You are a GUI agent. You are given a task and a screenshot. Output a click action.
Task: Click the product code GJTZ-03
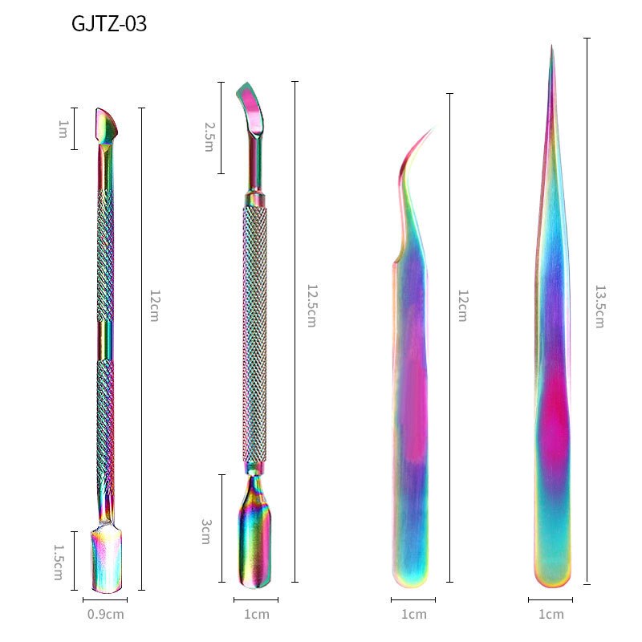[109, 23]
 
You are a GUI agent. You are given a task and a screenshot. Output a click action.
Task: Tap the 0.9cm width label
[106, 614]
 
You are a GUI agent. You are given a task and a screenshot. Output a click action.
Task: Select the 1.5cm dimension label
[59, 562]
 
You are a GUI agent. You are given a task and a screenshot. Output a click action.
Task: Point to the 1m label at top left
[63, 129]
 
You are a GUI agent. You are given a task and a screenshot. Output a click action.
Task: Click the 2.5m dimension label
[209, 136]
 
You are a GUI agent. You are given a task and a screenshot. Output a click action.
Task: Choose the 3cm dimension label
[206, 531]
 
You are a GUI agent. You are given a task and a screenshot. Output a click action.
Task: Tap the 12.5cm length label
[312, 306]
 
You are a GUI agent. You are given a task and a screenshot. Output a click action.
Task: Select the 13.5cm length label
[599, 307]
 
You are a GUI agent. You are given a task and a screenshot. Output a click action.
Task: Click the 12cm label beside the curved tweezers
[463, 306]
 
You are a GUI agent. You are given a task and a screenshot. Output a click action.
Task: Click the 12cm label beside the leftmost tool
[155, 306]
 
